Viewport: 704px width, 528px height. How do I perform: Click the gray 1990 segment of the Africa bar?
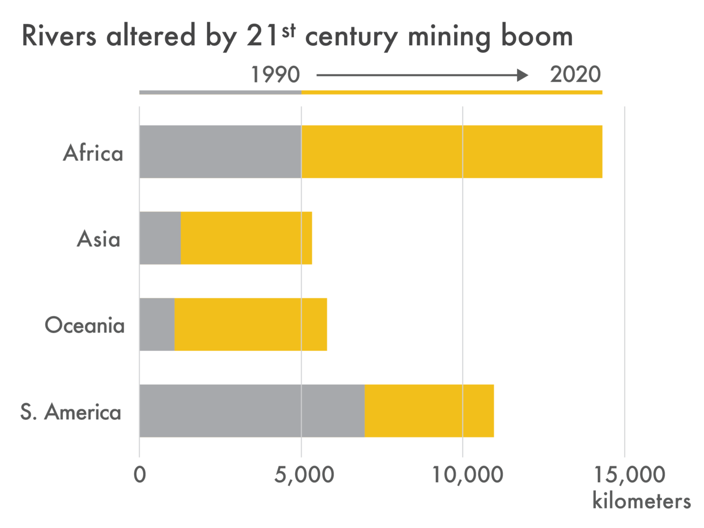point(220,151)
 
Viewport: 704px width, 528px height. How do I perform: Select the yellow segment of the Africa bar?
point(452,151)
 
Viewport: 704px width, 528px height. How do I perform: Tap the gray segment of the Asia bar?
point(160,238)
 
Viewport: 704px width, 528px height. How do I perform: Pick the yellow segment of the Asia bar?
point(246,238)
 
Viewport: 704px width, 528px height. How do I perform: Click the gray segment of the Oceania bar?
point(157,324)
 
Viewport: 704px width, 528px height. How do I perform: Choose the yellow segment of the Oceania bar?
point(250,324)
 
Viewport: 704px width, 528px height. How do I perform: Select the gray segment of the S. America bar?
point(251,411)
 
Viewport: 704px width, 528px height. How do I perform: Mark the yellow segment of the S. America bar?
point(429,411)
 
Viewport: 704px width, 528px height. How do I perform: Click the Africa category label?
point(93,153)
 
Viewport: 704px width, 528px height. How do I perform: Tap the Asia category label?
point(99,239)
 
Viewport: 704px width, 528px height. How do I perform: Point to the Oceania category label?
point(84,325)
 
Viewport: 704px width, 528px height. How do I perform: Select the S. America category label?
point(71,412)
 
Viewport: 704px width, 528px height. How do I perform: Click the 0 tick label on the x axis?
point(140,474)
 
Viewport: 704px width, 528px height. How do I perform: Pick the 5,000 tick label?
point(304,474)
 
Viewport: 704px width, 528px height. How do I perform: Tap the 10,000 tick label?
point(468,474)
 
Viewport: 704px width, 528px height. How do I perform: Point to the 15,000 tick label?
point(630,474)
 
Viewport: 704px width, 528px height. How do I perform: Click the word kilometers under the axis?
point(641,501)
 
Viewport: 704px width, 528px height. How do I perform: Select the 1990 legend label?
point(275,75)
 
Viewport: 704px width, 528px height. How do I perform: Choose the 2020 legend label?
point(575,74)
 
